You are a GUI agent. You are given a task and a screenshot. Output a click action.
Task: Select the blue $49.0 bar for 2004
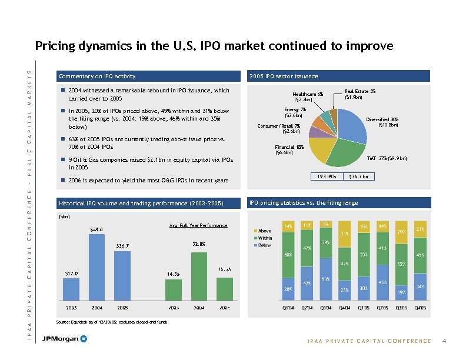tap(96, 266)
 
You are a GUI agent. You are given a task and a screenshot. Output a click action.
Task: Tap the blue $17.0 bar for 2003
tap(71, 288)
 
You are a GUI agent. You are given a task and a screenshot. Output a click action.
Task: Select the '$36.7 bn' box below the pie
tap(358, 176)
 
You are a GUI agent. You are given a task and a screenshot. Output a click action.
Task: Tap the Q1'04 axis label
tap(288, 308)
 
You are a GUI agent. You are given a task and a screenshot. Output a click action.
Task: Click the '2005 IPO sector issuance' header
tap(284, 76)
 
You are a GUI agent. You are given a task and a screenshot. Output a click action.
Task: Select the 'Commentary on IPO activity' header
tap(97, 76)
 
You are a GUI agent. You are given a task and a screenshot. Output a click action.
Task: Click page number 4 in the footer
tap(445, 341)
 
